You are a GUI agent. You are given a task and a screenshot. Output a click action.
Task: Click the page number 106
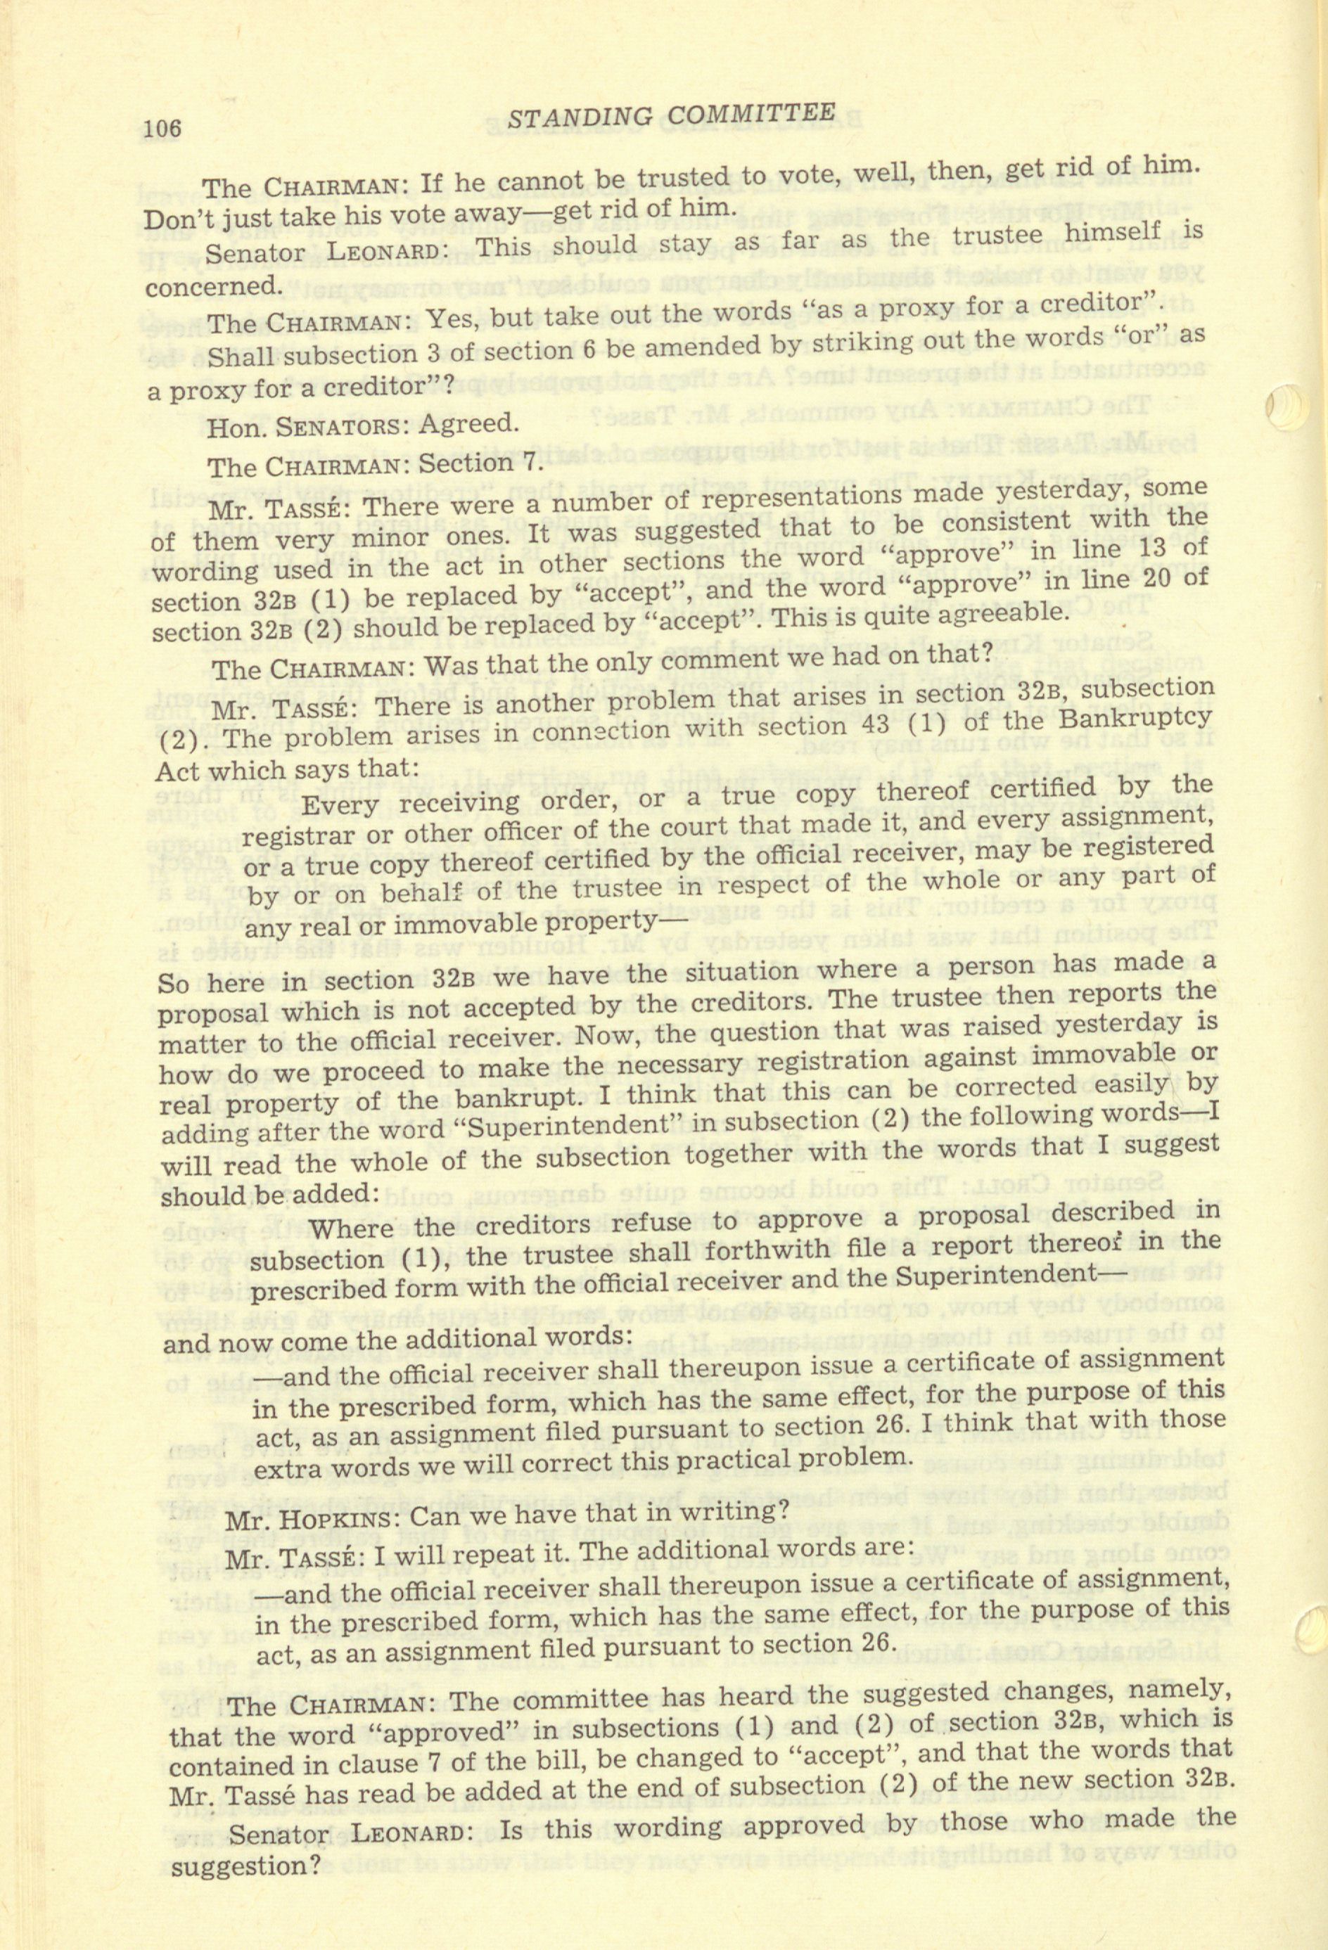163,129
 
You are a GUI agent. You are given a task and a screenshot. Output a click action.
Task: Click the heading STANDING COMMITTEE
672,117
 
